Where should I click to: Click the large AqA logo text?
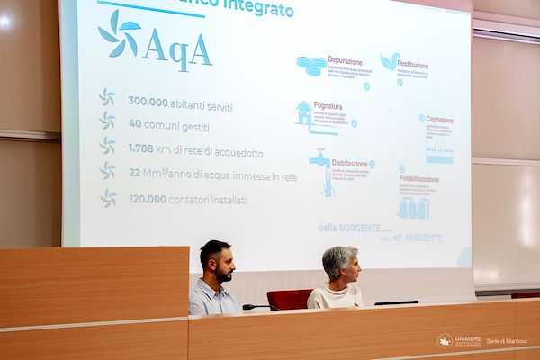click(x=178, y=50)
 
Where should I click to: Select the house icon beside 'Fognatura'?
click(x=304, y=112)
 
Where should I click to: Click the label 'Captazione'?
click(x=440, y=119)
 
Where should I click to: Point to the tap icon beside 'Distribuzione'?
click(x=321, y=166)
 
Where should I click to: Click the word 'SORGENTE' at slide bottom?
click(x=361, y=229)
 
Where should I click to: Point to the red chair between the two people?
click(x=287, y=299)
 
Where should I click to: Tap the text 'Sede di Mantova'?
click(x=506, y=341)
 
